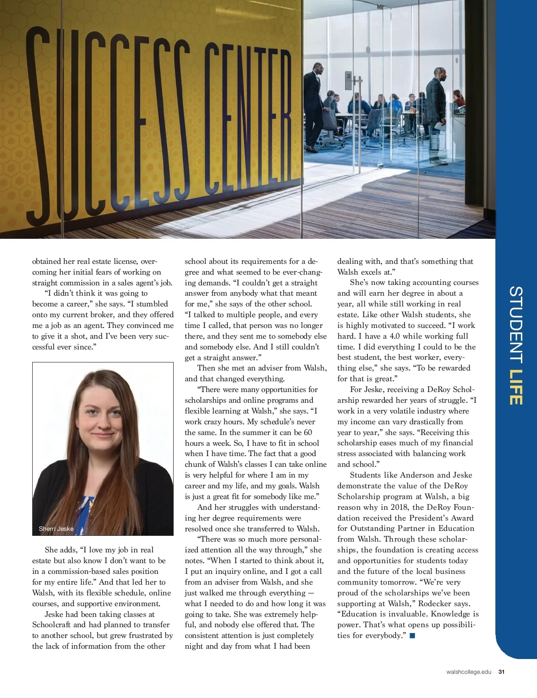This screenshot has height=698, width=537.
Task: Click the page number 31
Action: point(502,672)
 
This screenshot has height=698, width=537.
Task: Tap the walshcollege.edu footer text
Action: point(469,672)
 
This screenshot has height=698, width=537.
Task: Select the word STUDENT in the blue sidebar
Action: point(516,324)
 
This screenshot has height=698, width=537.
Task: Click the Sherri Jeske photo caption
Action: point(56,529)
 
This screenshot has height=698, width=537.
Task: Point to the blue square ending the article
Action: point(412,635)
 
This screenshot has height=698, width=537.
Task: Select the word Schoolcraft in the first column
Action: point(51,625)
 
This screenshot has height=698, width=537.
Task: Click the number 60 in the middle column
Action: point(307,432)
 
